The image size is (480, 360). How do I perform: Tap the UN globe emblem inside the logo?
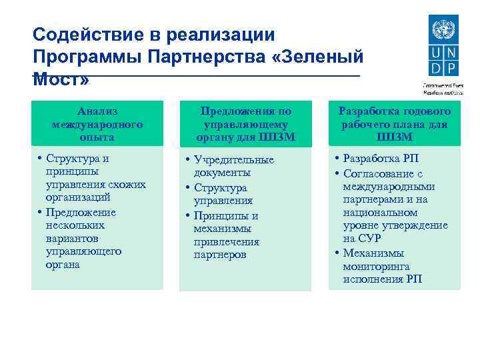coord(441,30)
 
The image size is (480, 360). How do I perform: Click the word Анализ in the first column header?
coord(97,111)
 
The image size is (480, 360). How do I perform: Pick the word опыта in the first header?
coord(97,137)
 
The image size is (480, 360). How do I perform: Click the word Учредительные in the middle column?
coord(233,160)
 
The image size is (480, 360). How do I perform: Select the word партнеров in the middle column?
coord(220,255)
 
